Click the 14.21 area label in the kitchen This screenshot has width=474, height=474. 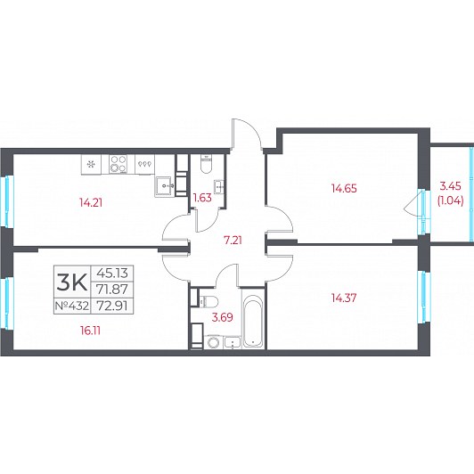pos(91,202)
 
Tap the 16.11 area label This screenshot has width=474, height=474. pos(90,331)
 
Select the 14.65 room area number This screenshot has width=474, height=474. pos(344,188)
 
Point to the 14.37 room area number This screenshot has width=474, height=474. pos(344,298)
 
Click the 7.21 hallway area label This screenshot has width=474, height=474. pos(233,241)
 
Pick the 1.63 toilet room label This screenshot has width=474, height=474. pos(202,198)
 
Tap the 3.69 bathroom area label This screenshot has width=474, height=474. pos(223,317)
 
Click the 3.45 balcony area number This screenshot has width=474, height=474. pos(451,186)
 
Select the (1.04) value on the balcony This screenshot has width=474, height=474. pos(451,200)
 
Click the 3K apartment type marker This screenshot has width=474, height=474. pos(72,282)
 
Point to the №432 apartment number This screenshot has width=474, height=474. pos(72,306)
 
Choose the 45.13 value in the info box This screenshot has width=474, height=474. pos(112,274)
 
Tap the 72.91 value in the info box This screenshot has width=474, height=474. pos(112,306)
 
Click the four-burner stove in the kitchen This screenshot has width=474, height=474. pos(118,164)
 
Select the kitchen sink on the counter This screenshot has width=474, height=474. pos(165,186)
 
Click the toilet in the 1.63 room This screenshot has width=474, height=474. pos(207,164)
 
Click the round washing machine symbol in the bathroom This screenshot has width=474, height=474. pos(214,342)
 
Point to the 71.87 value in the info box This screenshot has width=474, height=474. pos(112,290)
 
